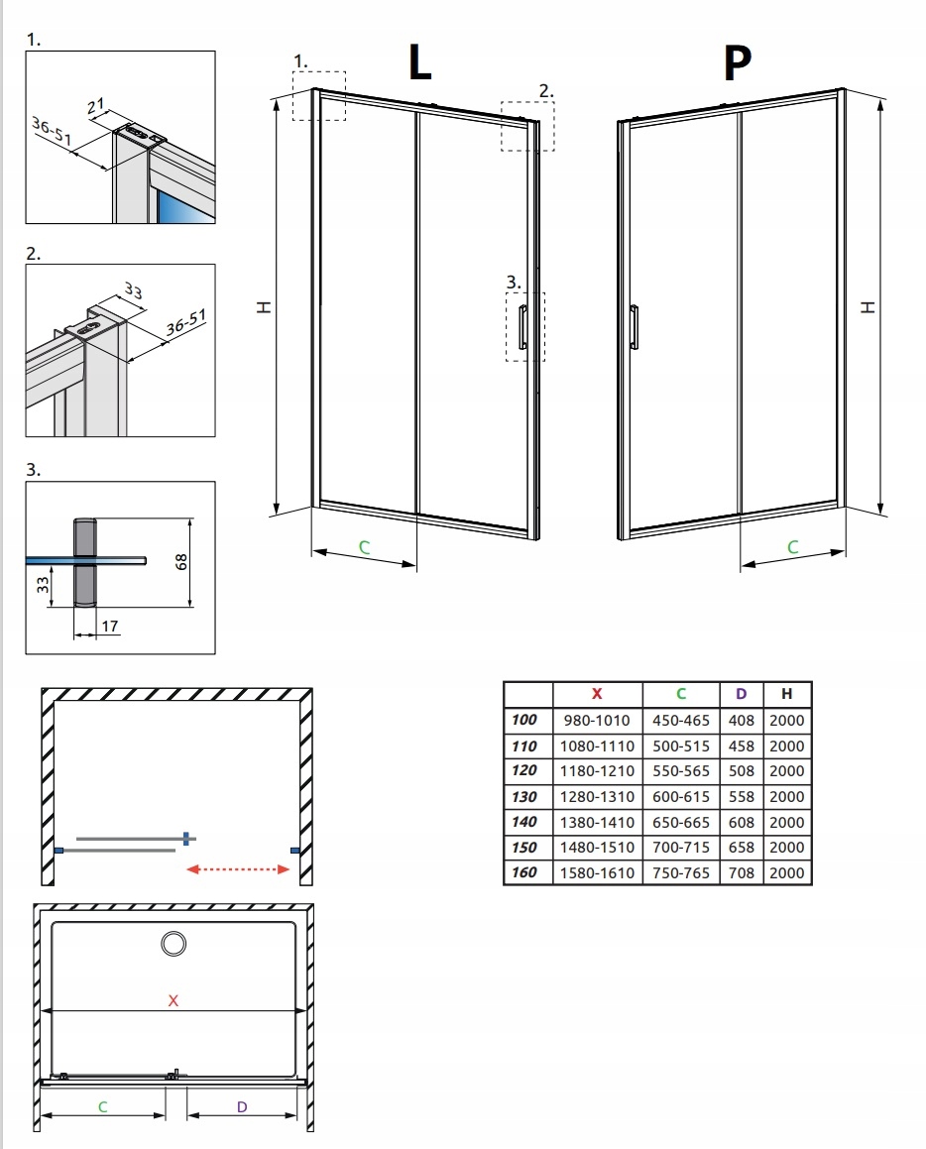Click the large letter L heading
click(419, 62)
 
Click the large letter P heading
click(737, 62)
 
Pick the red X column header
click(597, 694)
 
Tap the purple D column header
click(741, 694)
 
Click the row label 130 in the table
click(525, 796)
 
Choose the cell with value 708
click(741, 872)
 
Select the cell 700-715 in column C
click(681, 848)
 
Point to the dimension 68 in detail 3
click(180, 562)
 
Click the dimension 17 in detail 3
click(110, 627)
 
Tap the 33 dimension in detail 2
click(132, 293)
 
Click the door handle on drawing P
click(635, 327)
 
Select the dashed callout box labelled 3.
click(524, 325)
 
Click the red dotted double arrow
click(238, 869)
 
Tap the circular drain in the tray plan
click(174, 943)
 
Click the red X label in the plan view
click(173, 1000)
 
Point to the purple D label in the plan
click(241, 1105)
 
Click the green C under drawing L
click(364, 546)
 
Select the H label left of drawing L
click(263, 308)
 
